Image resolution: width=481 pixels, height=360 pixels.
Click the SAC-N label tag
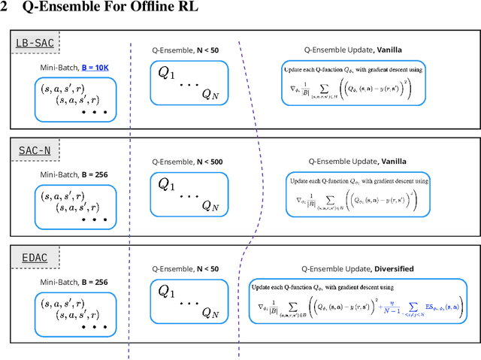click(35, 150)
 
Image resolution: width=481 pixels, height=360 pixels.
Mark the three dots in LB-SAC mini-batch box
click(95, 113)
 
